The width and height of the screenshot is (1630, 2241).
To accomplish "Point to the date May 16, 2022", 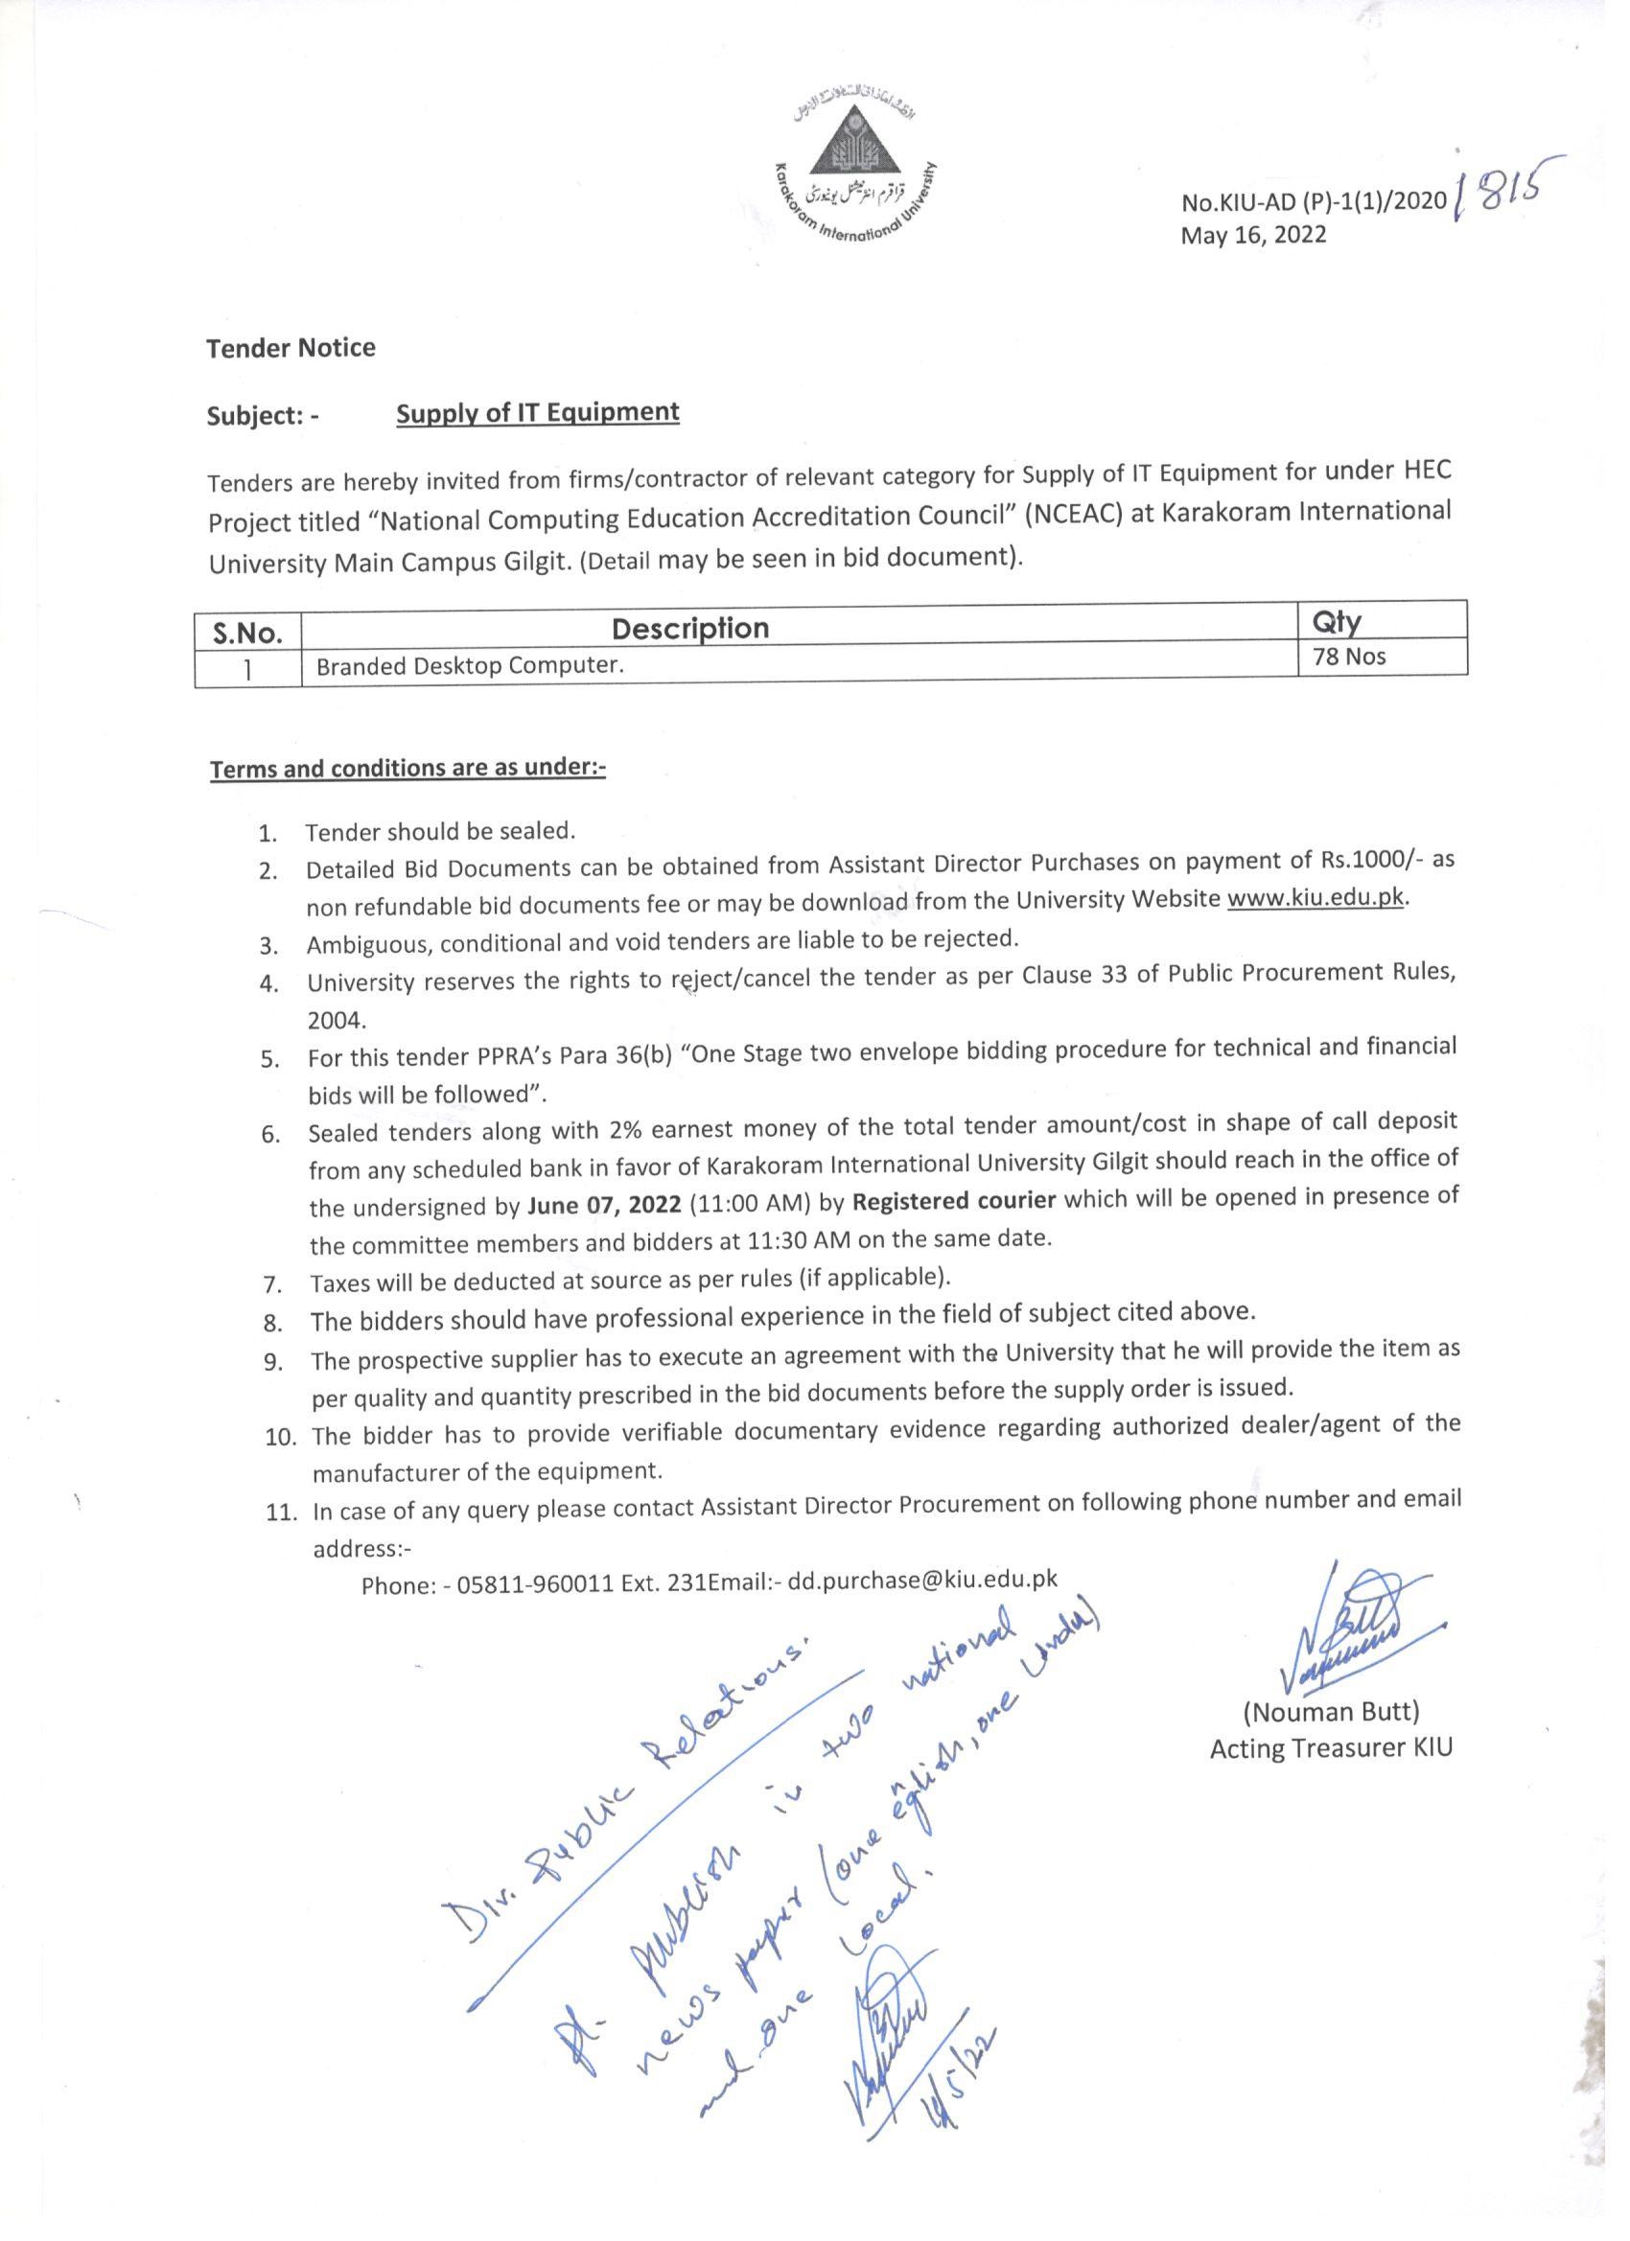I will click(1253, 235).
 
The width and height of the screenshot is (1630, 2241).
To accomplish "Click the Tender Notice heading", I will click(291, 348).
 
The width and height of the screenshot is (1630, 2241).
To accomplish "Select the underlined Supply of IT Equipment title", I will click(538, 413).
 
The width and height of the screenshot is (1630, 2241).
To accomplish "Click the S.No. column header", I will click(248, 633).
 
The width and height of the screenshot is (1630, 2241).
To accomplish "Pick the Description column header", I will click(690, 629).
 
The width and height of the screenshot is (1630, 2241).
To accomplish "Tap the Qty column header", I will click(1337, 621).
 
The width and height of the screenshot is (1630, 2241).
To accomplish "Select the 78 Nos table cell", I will click(1349, 656).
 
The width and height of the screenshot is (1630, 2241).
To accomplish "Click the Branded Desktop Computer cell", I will click(470, 666).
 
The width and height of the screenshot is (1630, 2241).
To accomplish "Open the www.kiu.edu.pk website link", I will click(1315, 900).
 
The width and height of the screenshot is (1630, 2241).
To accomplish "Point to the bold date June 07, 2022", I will click(604, 1206).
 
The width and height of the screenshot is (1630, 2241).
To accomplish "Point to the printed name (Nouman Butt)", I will click(1331, 1710).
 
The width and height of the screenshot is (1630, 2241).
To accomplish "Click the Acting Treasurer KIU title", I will click(1331, 1748).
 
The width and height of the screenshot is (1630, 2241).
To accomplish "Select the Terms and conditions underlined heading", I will click(407, 769).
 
